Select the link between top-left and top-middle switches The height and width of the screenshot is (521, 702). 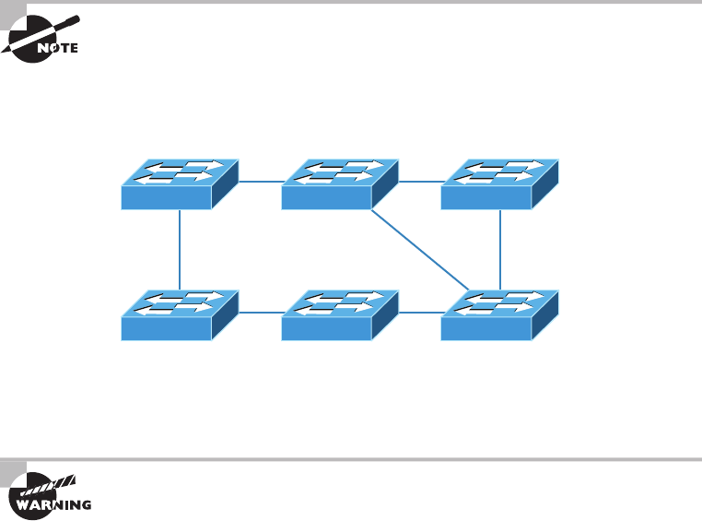pos(260,181)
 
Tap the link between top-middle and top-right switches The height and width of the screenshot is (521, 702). pos(420,181)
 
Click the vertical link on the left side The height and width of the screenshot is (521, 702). pos(180,249)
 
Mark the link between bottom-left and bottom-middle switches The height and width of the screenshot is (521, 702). pos(260,313)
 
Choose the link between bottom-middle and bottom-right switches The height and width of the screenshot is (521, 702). pos(420,313)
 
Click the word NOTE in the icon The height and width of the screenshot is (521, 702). pos(57,47)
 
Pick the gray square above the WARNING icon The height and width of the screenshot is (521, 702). pos(12,469)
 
